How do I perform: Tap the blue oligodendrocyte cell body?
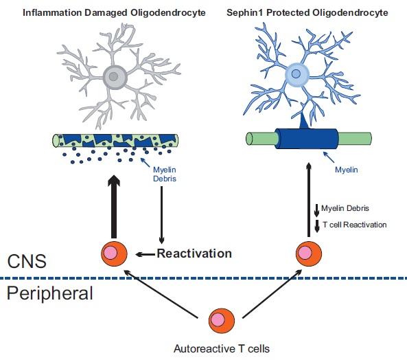[296, 74]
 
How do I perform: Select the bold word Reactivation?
[194, 254]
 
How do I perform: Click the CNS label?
[28, 262]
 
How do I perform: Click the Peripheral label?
[49, 294]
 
